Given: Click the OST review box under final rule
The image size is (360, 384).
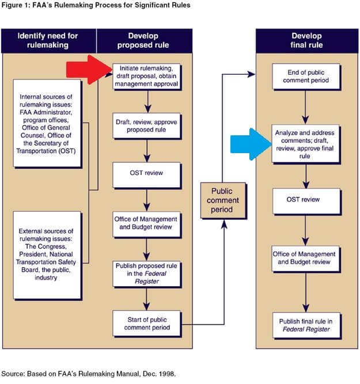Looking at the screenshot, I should point(304,200).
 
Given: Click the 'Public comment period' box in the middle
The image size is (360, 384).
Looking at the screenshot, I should point(222,200).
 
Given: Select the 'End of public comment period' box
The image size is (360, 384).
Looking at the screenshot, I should point(304,77).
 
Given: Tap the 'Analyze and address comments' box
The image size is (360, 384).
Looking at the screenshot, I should point(304,144).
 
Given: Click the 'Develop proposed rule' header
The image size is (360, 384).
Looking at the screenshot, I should point(147,41).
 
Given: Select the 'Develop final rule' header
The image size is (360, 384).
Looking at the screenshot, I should point(304,41).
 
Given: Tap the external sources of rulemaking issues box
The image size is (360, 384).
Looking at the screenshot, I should point(50,254).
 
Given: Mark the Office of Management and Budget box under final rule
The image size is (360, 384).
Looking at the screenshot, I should point(304,258).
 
